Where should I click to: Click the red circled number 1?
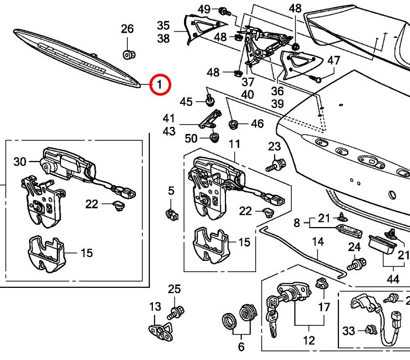[x=160, y=84]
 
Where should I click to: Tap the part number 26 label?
[x=127, y=29]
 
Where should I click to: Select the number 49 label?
[x=204, y=9]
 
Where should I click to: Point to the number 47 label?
[x=333, y=60]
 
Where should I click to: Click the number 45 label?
[x=186, y=102]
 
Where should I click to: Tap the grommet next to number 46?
[x=235, y=124]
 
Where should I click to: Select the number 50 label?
[x=191, y=138]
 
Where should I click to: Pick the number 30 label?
[x=19, y=162]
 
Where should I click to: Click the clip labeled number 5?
[x=172, y=213]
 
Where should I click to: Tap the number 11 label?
[x=234, y=145]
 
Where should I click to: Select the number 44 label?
[x=393, y=279]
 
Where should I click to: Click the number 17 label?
[x=325, y=307]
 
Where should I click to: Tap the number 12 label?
[x=309, y=340]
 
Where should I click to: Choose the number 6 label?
[x=241, y=347]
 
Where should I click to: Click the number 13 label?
[x=155, y=307]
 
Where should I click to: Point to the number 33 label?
[x=349, y=331]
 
